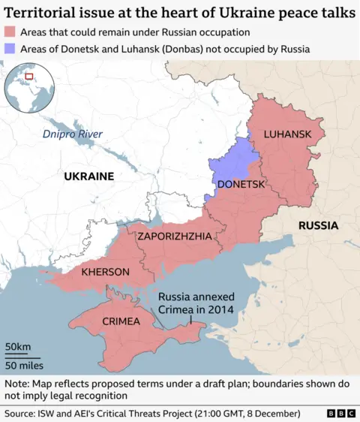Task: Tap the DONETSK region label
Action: click(240, 184)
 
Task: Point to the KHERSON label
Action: click(106, 271)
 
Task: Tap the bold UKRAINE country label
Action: click(88, 176)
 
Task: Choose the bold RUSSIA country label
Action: click(318, 225)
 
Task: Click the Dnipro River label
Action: click(72, 134)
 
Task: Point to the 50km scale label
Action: click(18, 346)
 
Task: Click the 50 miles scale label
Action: click(24, 366)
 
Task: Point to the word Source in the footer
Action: click(21, 413)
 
